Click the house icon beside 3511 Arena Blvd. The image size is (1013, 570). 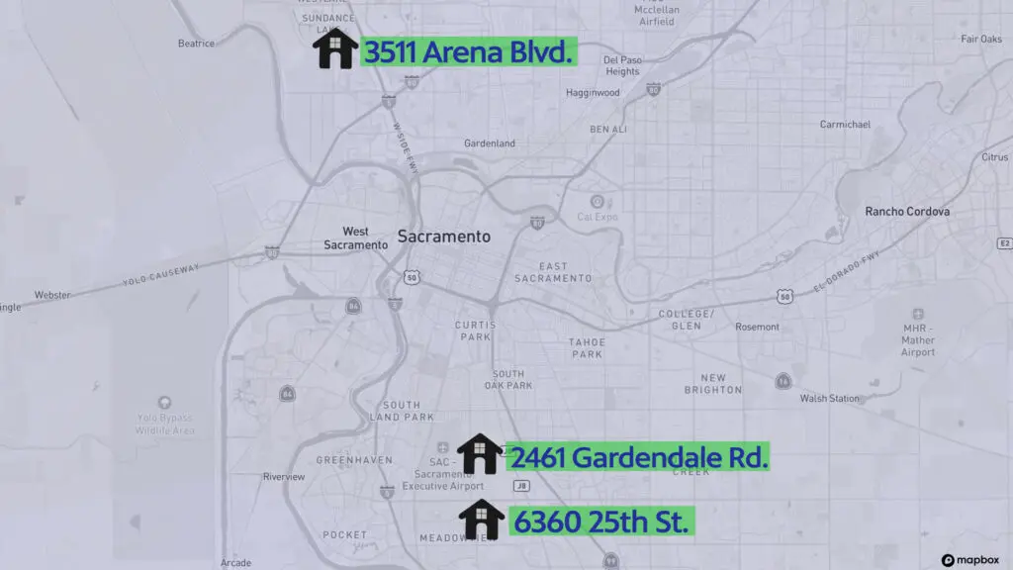pyautogui.click(x=335, y=49)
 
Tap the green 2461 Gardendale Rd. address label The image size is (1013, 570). pyautogui.click(x=638, y=456)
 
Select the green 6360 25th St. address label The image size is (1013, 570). pyautogui.click(x=601, y=521)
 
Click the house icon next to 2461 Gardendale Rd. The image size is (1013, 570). pyautogui.click(x=480, y=454)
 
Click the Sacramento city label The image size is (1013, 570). pyautogui.click(x=443, y=237)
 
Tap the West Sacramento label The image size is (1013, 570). pyautogui.click(x=355, y=237)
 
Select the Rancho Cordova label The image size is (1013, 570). pyautogui.click(x=907, y=212)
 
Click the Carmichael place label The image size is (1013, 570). pyautogui.click(x=845, y=125)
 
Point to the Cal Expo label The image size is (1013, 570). pyautogui.click(x=598, y=216)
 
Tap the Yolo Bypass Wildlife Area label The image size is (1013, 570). pyautogui.click(x=164, y=423)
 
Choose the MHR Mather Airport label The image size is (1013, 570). pyautogui.click(x=918, y=339)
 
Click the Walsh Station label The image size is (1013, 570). pyautogui.click(x=829, y=398)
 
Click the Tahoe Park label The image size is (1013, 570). pyautogui.click(x=587, y=347)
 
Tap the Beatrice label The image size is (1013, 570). pyautogui.click(x=196, y=44)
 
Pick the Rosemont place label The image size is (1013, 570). pyautogui.click(x=757, y=327)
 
